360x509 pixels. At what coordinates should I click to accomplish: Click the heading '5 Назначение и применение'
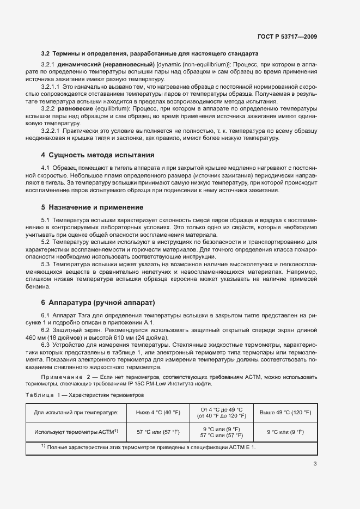(x=93, y=207)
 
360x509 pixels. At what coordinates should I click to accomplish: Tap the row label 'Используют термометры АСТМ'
(x=74, y=432)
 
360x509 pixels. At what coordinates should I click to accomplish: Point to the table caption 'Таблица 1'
(x=46, y=395)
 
